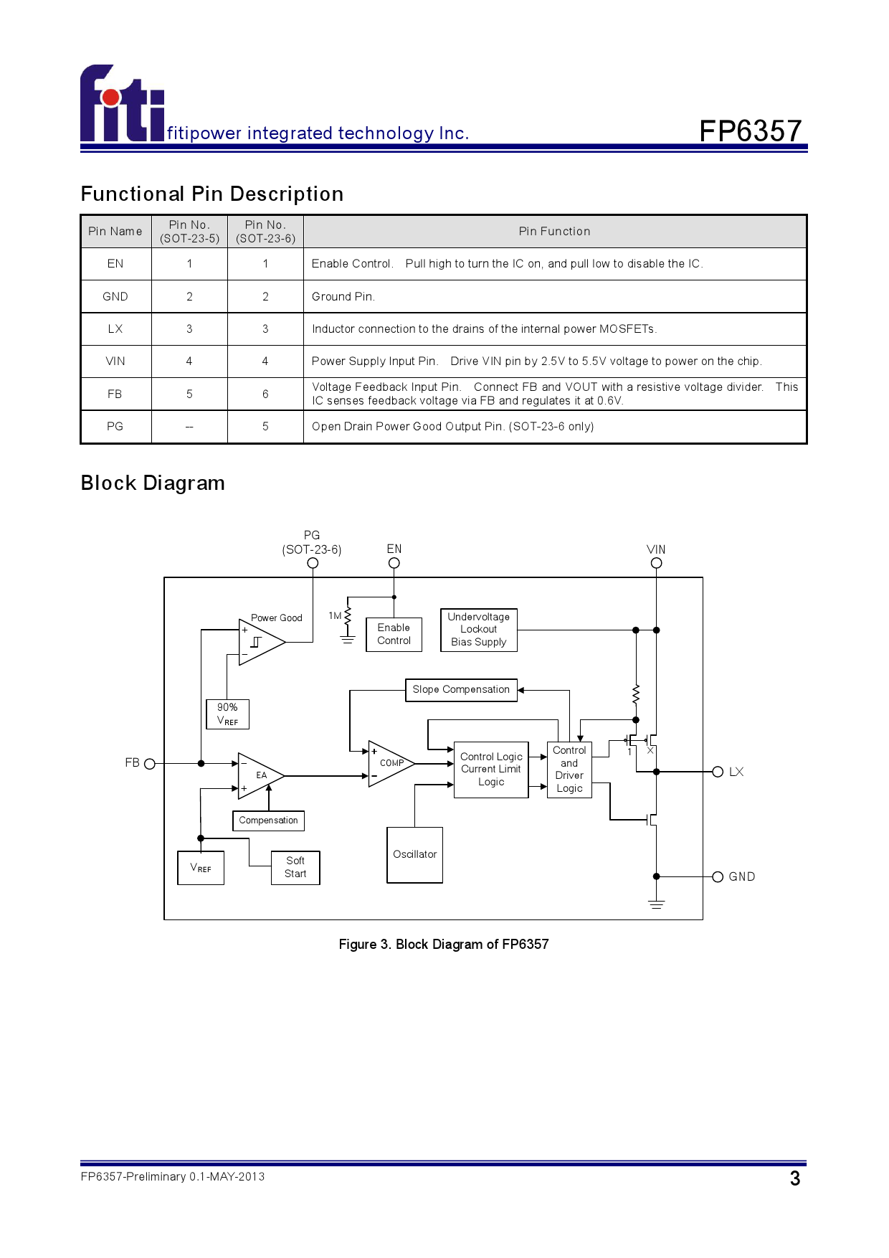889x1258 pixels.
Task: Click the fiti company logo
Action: pos(123,104)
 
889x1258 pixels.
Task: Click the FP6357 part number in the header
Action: pos(750,131)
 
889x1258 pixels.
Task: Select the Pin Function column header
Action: pos(554,232)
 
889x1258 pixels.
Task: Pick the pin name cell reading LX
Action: pos(115,329)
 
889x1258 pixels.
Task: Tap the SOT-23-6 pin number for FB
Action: pos(265,394)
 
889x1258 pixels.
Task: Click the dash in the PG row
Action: pos(189,427)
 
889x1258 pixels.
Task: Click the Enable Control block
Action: pos(394,634)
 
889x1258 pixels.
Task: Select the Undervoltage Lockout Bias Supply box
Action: pos(478,630)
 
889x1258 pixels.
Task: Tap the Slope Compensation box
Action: pos(461,690)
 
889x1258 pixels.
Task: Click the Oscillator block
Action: pos(414,855)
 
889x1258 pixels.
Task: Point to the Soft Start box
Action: pos(295,868)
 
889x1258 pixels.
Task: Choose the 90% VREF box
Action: pos(227,714)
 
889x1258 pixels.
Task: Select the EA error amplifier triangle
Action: pos(259,775)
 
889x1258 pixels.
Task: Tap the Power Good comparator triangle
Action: pos(259,642)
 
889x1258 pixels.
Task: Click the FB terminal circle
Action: pos(150,764)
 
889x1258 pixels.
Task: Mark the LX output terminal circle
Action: pos(718,772)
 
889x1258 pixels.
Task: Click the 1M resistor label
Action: pos(335,616)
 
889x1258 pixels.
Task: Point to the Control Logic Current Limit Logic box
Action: pos(491,770)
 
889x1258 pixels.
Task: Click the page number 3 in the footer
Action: pos(794,1178)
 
